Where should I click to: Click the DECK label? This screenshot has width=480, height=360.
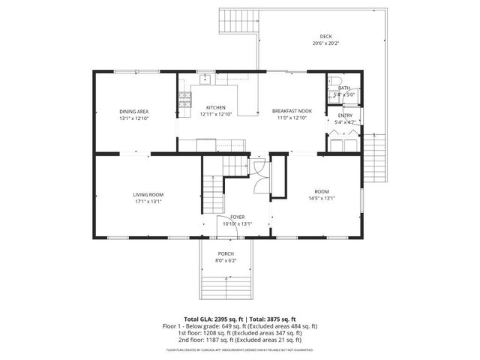[325, 37]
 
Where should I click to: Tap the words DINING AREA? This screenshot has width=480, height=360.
[133, 111]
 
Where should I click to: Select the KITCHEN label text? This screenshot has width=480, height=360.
[216, 108]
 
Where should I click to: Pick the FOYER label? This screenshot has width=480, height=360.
[237, 217]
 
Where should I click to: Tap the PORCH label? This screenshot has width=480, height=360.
[226, 254]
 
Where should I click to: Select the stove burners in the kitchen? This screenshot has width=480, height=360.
[183, 97]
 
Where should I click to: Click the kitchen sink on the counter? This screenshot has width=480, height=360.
[204, 77]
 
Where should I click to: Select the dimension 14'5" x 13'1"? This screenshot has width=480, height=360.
[322, 199]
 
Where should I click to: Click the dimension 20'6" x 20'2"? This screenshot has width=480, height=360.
[325, 43]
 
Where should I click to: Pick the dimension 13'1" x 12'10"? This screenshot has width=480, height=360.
[133, 118]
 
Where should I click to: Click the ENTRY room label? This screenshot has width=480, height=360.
[344, 115]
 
